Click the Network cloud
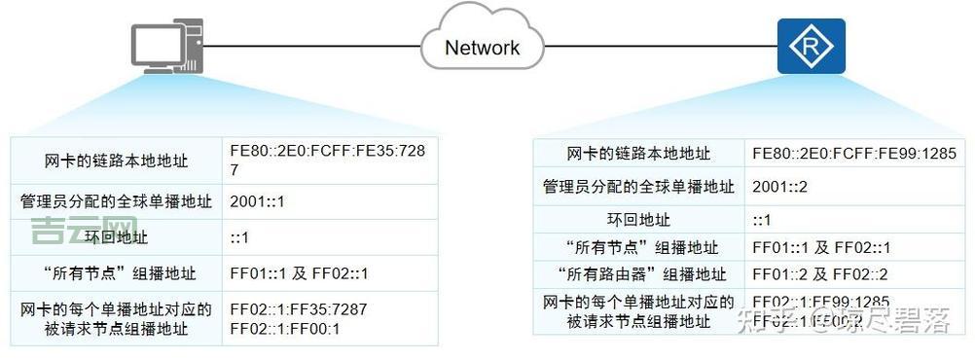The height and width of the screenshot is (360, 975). point(482,45)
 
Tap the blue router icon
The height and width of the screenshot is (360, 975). point(811,45)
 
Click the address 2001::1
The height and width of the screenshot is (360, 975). point(257,201)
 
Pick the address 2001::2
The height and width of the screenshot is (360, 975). point(779,186)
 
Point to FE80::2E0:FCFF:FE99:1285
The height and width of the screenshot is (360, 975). point(854,154)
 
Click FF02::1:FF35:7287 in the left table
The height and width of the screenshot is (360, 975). point(299,309)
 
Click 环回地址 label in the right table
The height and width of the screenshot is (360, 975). point(638,219)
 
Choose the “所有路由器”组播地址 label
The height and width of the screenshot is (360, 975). point(638,273)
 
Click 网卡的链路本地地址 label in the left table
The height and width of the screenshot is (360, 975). point(116,160)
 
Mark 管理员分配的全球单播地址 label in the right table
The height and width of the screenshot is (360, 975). point(638,186)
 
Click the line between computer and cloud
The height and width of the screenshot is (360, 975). point(311,45)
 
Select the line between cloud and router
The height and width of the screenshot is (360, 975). point(662,45)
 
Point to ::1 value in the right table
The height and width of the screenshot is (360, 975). point(762,219)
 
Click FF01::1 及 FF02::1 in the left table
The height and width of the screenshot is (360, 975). point(299,272)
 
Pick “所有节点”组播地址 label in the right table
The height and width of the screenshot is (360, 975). point(638,247)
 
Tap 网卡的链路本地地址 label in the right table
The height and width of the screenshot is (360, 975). point(638,154)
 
